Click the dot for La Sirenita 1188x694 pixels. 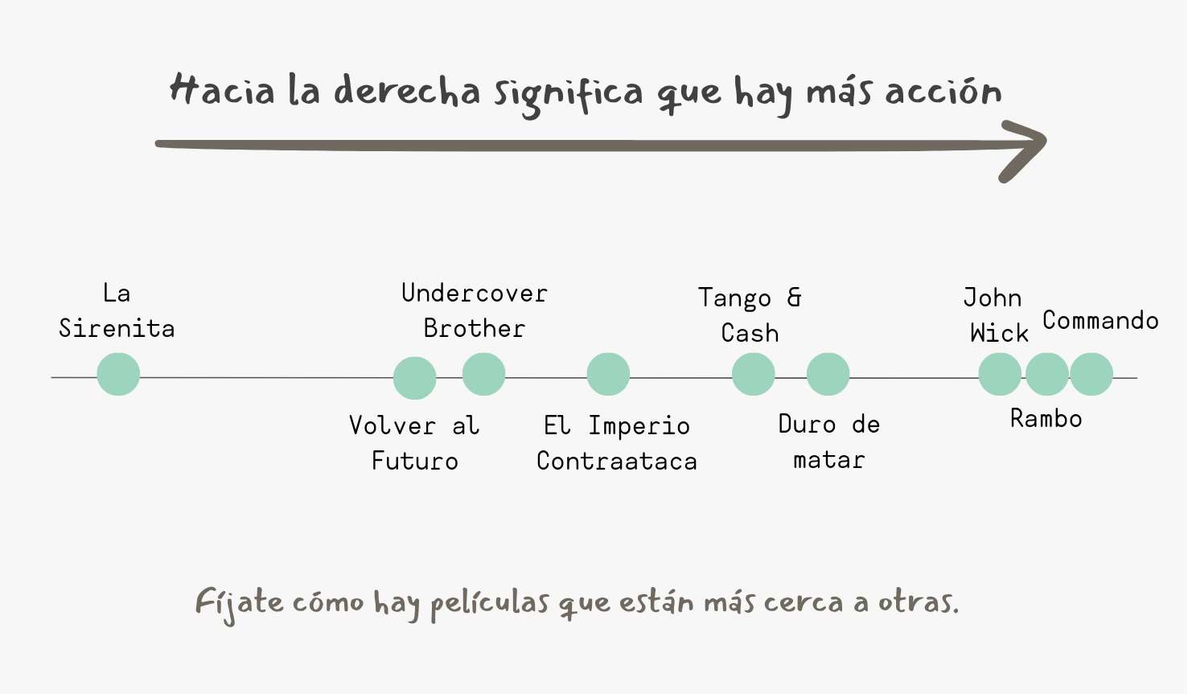pos(118,374)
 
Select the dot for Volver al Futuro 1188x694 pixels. pos(414,378)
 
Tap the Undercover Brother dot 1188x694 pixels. pos(483,374)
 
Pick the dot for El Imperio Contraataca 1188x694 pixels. pos(608,374)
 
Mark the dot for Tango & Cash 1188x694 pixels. pos(753,374)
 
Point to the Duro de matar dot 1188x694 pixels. pos(828,374)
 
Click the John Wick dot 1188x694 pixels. pos(1000,374)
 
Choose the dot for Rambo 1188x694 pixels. pos(1046,374)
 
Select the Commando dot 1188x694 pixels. pos(1091,374)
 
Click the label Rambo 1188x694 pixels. pos(1046,418)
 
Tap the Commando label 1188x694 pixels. pos(1100,320)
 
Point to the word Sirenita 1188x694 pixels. pos(117,328)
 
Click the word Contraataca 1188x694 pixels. pos(617,461)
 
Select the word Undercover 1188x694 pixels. pos(474,293)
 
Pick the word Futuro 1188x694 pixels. pos(414,461)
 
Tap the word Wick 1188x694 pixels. pos(999,333)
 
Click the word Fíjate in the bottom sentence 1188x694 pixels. pos(239,604)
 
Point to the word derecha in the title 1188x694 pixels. pos(407,91)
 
